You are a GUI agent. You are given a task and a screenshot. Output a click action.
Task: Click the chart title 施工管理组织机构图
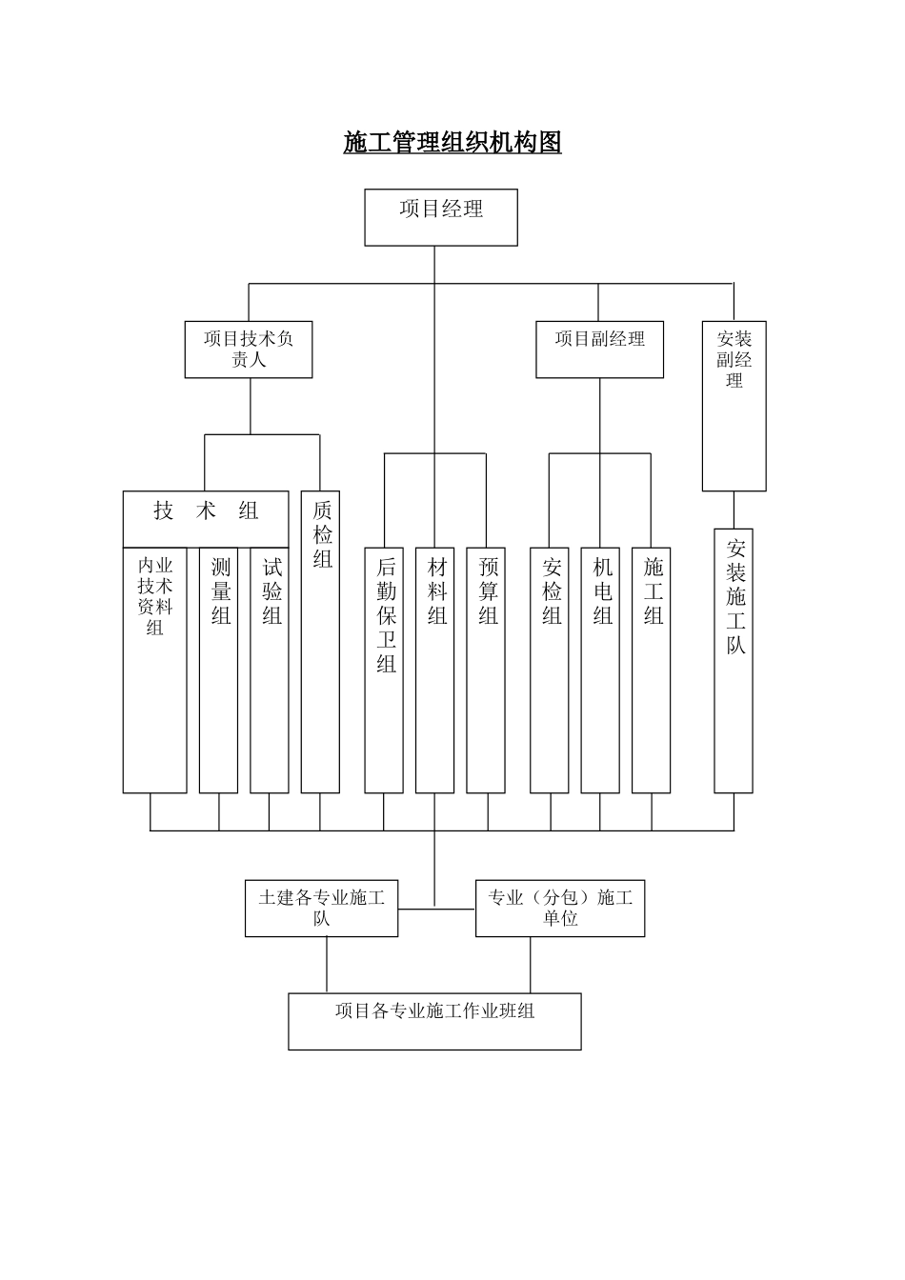tap(452, 143)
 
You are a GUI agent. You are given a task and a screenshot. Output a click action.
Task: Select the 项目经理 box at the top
tap(441, 217)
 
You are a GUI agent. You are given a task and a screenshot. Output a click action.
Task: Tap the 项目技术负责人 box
tap(249, 350)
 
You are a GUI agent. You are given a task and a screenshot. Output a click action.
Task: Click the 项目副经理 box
tap(599, 350)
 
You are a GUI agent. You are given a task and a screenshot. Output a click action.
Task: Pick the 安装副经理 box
tap(734, 406)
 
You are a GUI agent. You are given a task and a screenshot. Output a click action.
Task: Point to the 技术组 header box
tap(206, 518)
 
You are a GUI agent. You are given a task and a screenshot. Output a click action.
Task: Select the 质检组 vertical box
tap(321, 641)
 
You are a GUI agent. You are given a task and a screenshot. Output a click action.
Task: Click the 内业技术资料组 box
tap(154, 670)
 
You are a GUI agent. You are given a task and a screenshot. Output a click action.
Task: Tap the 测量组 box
tap(219, 670)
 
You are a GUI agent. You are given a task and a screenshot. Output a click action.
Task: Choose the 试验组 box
tap(270, 670)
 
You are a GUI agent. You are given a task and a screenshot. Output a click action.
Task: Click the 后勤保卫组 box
tap(384, 670)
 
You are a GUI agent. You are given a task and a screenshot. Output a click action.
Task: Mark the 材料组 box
tap(435, 670)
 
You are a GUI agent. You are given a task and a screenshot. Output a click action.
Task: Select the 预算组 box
tap(486, 670)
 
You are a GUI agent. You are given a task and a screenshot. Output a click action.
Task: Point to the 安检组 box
tap(550, 670)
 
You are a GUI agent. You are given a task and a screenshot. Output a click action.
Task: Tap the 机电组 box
tap(600, 670)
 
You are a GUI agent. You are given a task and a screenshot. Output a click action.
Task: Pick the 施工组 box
tap(652, 670)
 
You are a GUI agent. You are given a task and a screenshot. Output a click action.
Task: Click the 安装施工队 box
tap(734, 661)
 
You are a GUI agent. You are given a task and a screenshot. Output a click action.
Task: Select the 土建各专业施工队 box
tap(321, 909)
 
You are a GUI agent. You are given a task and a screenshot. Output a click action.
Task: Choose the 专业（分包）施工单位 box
tap(560, 909)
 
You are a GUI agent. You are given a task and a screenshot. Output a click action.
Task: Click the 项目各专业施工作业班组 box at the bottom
tap(434, 1022)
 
